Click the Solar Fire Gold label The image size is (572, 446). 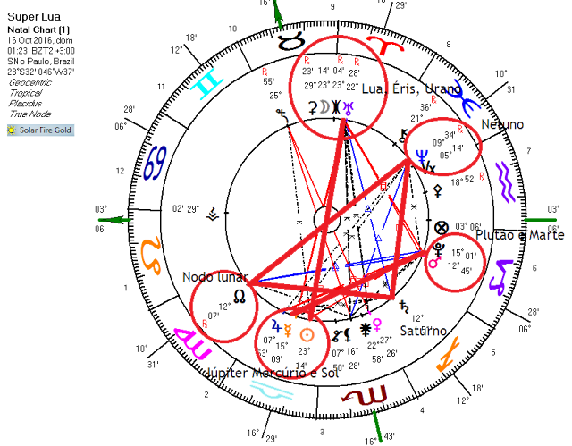coord(40,130)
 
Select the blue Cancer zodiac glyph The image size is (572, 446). coord(156,163)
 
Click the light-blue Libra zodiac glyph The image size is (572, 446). coord(271,390)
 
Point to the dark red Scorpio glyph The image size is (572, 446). coord(366,394)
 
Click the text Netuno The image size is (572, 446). coord(502,125)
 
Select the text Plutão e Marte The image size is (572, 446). coord(520,235)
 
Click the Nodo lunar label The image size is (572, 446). coord(214,277)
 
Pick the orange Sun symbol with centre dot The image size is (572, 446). coord(307,335)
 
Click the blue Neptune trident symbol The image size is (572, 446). coord(423,156)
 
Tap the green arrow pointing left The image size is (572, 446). coord(114,220)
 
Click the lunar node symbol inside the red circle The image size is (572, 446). coord(238,295)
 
